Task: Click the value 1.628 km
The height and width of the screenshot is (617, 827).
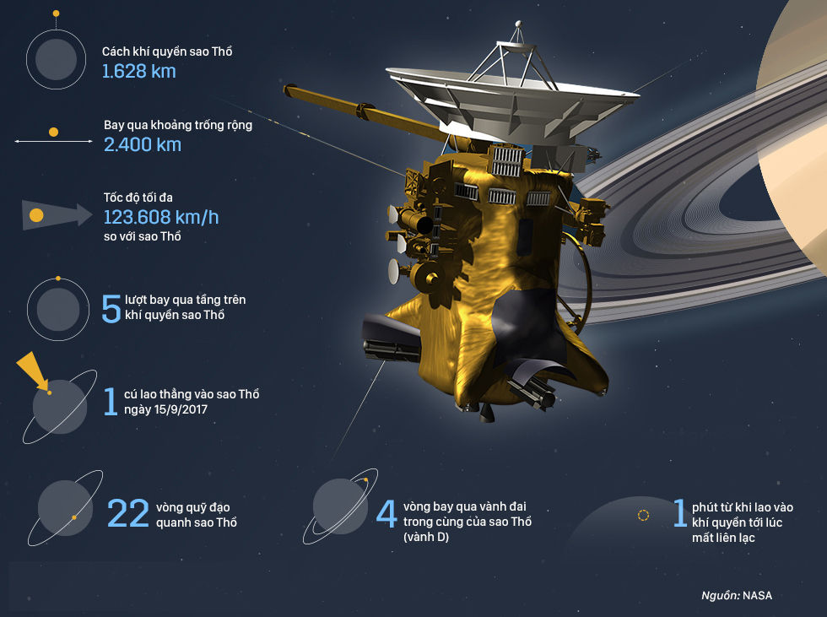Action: (139, 72)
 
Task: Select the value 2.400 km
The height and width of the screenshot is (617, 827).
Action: (142, 144)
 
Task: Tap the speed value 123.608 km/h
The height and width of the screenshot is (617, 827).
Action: (160, 217)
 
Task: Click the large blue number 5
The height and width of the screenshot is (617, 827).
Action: (111, 309)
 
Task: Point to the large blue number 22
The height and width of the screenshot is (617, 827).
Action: (128, 513)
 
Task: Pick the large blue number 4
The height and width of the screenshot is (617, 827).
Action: (386, 513)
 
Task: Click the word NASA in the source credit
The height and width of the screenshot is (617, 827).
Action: (757, 595)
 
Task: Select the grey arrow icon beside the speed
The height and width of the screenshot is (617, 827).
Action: (55, 215)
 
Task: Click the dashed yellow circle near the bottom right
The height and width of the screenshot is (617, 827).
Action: (643, 514)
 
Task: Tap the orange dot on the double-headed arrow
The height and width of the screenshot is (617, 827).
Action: (53, 133)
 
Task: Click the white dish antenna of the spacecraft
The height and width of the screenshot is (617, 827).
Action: (515, 95)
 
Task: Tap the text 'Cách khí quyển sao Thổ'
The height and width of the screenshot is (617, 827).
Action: (167, 51)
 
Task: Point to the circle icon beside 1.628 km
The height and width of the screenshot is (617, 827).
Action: (57, 58)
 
